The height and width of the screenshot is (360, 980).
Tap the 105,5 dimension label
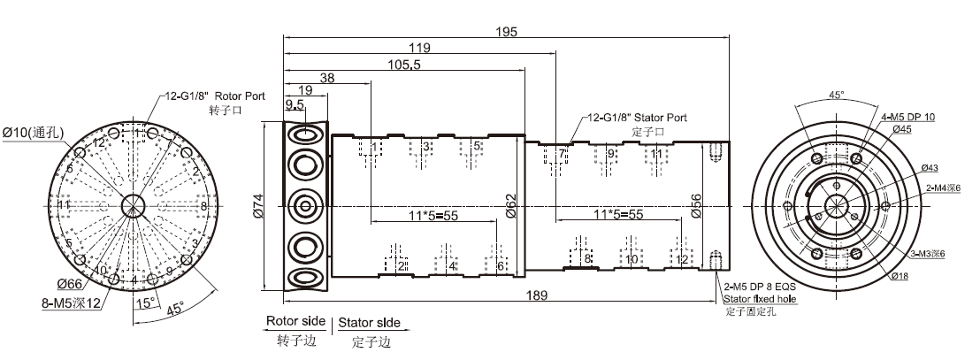403,64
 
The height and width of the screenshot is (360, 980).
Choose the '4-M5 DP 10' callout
907,118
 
